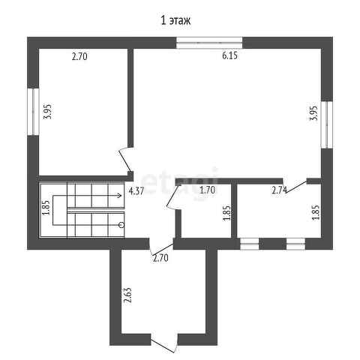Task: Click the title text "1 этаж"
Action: coord(175,20)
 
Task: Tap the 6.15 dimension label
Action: coord(229,55)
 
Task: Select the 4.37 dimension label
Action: coord(136,191)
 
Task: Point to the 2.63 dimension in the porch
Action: coord(127,295)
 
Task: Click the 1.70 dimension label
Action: coord(208,190)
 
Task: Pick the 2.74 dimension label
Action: coord(279,190)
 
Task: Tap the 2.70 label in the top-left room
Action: coord(79,56)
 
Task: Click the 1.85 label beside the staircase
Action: coord(46,208)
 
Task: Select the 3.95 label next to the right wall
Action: coord(313,113)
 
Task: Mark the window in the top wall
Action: coord(209,43)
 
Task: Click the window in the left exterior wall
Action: coord(33,112)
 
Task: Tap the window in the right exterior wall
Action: coord(327,124)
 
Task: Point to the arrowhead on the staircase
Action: coord(120,195)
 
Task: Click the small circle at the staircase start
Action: coord(121,225)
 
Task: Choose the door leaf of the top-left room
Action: coord(124,160)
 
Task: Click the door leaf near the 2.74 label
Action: coord(296,187)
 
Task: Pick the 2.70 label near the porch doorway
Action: coord(160,258)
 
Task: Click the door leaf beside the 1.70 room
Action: coord(172,196)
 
